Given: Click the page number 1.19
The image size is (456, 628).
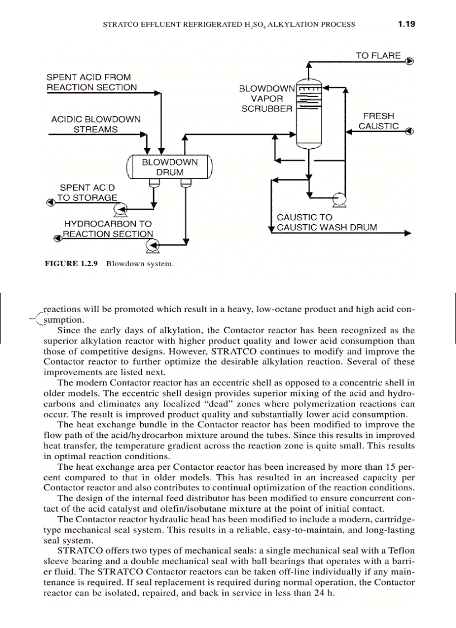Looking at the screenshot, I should (406, 24).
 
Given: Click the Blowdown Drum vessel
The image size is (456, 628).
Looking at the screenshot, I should (169, 167).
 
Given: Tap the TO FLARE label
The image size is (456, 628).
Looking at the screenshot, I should (378, 55).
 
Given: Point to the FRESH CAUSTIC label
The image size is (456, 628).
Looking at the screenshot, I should (378, 121).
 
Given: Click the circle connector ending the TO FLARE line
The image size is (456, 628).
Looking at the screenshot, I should (410, 61).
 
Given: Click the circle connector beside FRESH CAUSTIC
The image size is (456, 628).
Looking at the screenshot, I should (410, 131).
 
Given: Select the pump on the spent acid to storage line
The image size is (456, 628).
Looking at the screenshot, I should (119, 210).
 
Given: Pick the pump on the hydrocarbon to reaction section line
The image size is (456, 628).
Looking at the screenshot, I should (151, 244).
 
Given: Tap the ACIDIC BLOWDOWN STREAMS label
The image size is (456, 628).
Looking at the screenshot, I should (96, 124).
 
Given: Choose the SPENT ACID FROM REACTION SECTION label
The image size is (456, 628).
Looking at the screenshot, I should (91, 82).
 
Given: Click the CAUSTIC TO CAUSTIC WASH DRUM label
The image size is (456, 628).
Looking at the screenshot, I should (327, 222).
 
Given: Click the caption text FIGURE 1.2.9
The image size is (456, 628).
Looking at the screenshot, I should (71, 263).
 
